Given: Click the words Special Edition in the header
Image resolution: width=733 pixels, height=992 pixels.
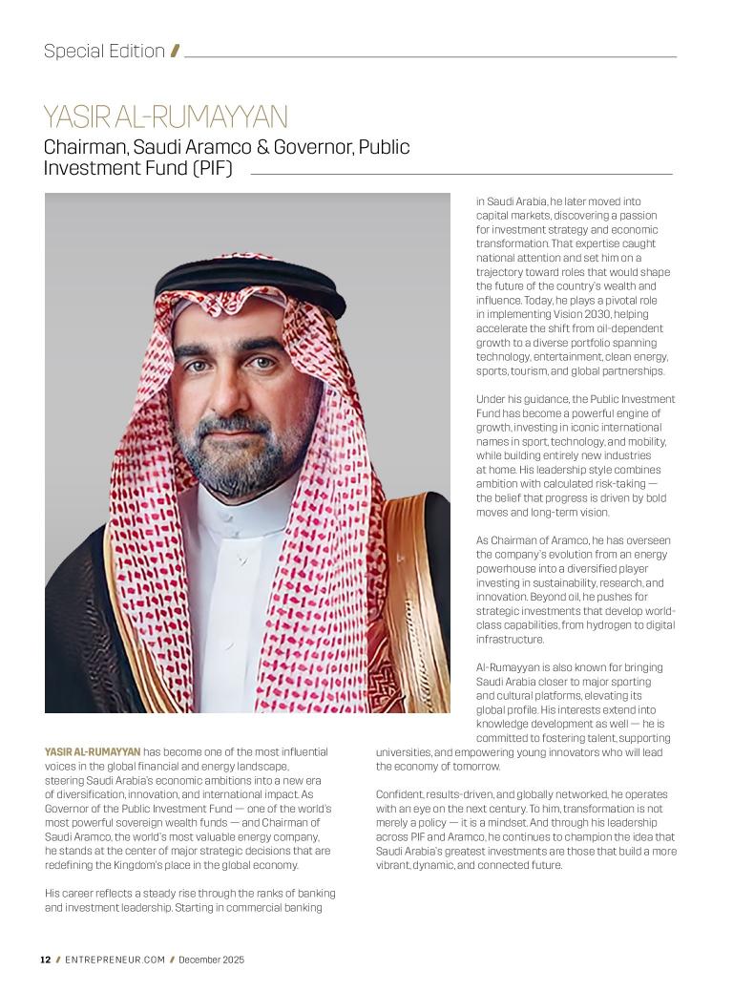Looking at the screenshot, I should [x=104, y=52].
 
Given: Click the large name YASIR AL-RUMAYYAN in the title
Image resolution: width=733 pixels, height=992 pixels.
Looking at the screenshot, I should [x=165, y=117].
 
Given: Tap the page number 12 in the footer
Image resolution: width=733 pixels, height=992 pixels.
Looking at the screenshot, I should [x=45, y=960].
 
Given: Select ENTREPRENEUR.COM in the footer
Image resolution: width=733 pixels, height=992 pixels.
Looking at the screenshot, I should [x=115, y=960].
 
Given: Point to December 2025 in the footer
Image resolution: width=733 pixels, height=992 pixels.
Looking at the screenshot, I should [x=211, y=960].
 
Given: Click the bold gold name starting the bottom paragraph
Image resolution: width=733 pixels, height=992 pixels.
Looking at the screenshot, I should [x=93, y=752].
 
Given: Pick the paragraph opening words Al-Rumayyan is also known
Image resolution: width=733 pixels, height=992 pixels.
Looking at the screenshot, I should [x=534, y=667].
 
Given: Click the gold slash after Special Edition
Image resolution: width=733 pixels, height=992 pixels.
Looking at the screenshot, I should [x=175, y=52].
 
